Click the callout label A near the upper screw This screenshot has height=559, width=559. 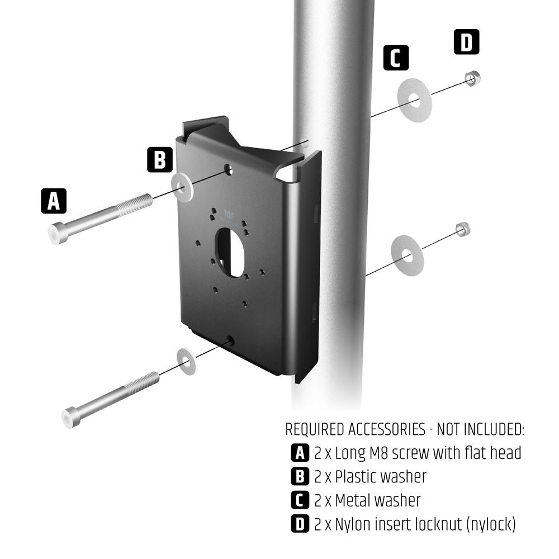pyautogui.click(x=54, y=201)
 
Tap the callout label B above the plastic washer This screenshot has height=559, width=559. pyautogui.click(x=160, y=159)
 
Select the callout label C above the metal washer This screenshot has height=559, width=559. pyautogui.click(x=396, y=58)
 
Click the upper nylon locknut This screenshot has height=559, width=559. pyautogui.click(x=472, y=78)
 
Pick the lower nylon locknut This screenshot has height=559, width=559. pyautogui.click(x=462, y=229)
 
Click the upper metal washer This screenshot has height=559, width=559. pyautogui.click(x=414, y=100)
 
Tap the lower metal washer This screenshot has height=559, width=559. pyautogui.click(x=407, y=255)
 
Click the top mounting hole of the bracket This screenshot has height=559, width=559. pyautogui.click(x=229, y=168)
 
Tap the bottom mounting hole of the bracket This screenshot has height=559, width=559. pyautogui.click(x=230, y=340)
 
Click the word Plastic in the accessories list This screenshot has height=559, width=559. pyautogui.click(x=356, y=477)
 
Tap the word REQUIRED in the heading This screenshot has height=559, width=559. pyautogui.click(x=315, y=429)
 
